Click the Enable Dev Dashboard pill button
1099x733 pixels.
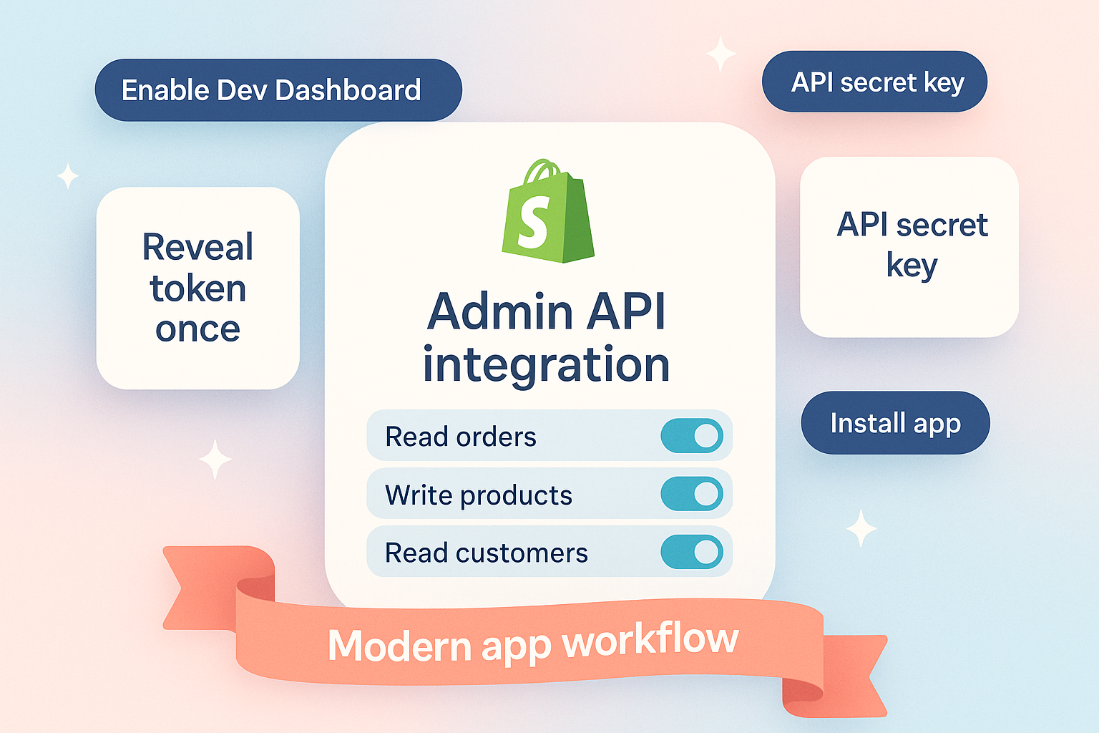[x=278, y=90]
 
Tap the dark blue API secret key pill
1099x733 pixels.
[x=874, y=82]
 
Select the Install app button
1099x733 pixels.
[x=895, y=422]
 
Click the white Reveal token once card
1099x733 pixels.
[x=197, y=288]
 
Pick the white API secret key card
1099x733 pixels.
[x=909, y=246]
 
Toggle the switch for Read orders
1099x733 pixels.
[x=692, y=436]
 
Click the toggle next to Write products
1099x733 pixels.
[x=692, y=494]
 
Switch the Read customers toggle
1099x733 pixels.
[x=692, y=552]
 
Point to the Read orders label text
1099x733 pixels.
[x=461, y=437]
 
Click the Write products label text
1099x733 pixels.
[x=479, y=495]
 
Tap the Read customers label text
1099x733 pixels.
[x=487, y=553]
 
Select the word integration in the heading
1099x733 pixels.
[x=546, y=364]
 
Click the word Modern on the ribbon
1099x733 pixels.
[x=400, y=646]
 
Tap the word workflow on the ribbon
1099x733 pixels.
[x=650, y=639]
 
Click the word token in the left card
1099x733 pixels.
[x=198, y=288]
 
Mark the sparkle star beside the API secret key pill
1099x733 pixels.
[x=721, y=54]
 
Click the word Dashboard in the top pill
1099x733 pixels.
[x=348, y=90]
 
